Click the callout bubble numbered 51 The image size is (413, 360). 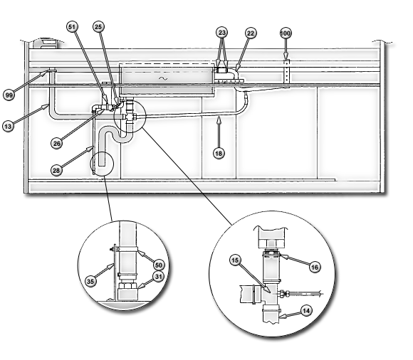coord(72,27)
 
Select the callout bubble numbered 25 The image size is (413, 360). coord(98,27)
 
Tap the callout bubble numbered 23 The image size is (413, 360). coord(222,33)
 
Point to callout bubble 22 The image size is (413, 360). coord(251,33)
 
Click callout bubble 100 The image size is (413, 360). coord(286,33)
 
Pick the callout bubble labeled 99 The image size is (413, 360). coord(9,95)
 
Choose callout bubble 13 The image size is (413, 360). coord(8,127)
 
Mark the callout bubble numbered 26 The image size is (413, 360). coord(57,144)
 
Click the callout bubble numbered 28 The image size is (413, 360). coord(56,171)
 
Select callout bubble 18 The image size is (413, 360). coord(219,153)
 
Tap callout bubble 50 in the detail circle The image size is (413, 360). coord(159,265)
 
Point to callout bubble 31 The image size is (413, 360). coord(158,277)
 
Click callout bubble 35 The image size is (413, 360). coord(90,282)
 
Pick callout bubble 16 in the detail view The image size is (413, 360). coord(315,268)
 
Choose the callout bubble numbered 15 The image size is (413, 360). coord(235,260)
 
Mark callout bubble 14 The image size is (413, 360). coord(306,311)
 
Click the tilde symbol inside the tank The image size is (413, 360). coord(163,78)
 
